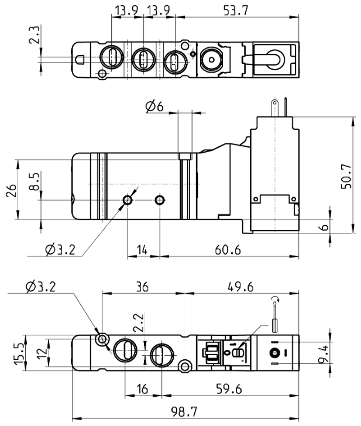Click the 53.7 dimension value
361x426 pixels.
coord(236,11)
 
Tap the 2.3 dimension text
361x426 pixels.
coord(35,35)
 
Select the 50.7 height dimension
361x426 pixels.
coord(346,177)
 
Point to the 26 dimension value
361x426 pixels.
coord(11,190)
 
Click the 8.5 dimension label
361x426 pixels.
coord(35,181)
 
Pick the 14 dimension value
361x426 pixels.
coord(142,249)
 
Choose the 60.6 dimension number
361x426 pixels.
coord(228,249)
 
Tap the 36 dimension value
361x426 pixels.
coord(142,287)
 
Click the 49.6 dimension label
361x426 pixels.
coord(240,287)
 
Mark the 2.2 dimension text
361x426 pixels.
coord(139,322)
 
